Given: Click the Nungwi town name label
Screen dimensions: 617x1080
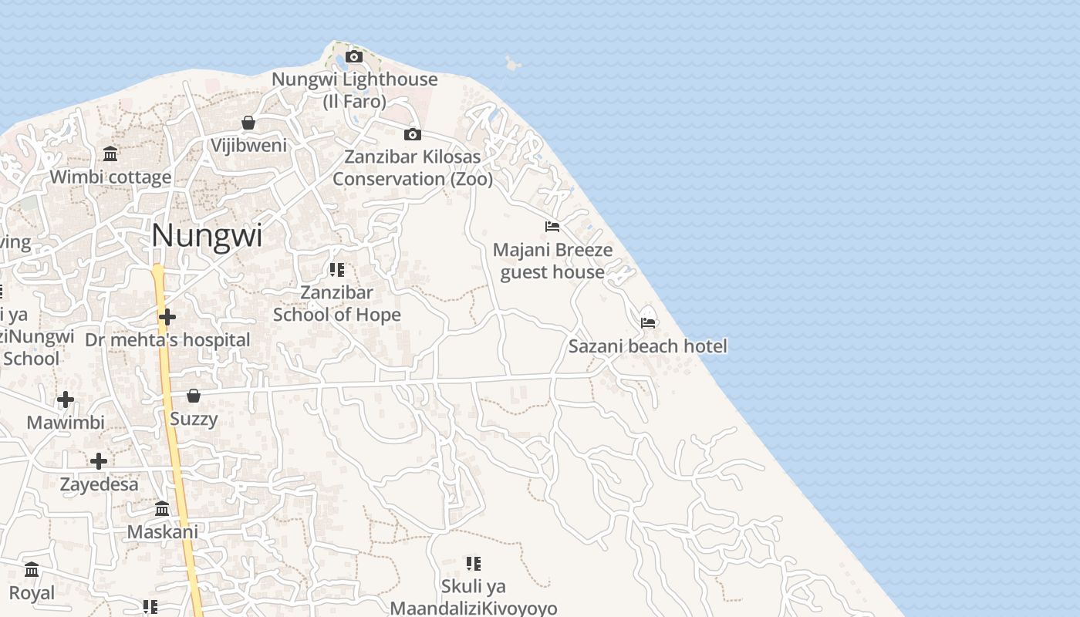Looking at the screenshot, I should (207, 236).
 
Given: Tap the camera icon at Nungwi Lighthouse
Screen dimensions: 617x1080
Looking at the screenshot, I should (354, 56).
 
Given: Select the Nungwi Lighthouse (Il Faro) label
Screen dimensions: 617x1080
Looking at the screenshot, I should (354, 89).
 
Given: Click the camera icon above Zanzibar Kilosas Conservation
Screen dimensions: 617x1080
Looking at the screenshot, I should (413, 135).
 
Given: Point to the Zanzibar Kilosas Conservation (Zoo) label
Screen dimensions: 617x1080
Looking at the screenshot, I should (413, 167).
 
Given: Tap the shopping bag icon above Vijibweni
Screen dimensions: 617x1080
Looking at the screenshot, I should (248, 123).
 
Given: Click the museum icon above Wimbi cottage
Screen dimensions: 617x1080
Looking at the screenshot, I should (110, 154).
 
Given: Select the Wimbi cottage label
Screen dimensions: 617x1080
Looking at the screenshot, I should (110, 177).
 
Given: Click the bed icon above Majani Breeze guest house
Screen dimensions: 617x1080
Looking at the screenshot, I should (552, 227).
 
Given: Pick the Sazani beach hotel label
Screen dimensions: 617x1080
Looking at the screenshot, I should (647, 346).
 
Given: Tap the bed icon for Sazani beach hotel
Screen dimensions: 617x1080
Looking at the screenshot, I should (648, 322).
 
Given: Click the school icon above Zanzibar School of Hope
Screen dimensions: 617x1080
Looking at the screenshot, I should (336, 270).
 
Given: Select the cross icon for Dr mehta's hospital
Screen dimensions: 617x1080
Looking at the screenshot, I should (167, 317).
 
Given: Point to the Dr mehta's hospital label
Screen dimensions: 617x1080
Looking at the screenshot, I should (167, 340).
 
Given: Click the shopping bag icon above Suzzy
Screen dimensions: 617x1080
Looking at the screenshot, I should (194, 396).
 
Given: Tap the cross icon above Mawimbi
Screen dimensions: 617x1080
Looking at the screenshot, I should (66, 400).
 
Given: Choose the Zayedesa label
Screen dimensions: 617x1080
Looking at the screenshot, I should (100, 485).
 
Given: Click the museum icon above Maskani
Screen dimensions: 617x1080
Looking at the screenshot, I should (162, 509).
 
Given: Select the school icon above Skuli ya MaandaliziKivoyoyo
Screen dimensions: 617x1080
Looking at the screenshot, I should (474, 564).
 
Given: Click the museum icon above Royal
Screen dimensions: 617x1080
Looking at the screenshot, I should (32, 570).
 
